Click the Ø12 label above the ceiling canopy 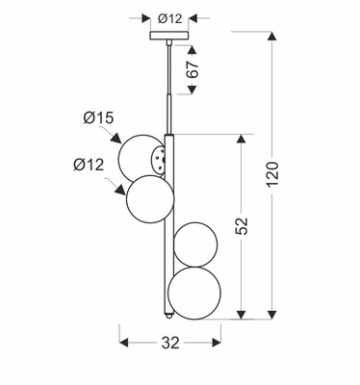tap(169, 17)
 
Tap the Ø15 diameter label tap(99, 118)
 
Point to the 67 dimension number tap(193, 69)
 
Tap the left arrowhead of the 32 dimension tap(124, 341)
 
